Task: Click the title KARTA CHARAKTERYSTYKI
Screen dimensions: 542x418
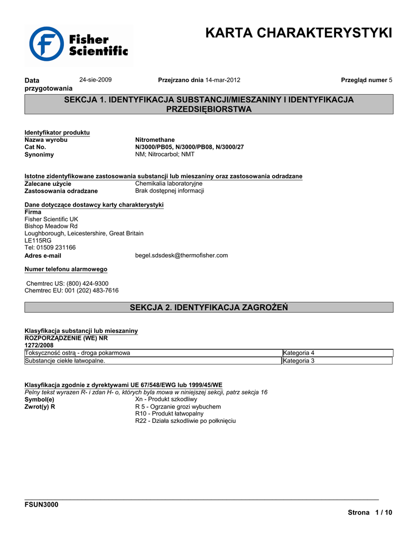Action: pos(299,33)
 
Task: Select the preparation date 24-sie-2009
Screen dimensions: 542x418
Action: pos(95,79)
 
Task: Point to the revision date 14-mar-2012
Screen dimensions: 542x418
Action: pos(223,80)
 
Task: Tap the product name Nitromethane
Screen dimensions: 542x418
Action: pos(155,140)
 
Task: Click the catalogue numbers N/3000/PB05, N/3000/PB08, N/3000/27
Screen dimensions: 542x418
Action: pos(189,147)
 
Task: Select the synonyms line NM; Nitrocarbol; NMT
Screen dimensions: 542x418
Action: pos(165,155)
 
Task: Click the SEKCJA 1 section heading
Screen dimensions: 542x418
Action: pos(209,104)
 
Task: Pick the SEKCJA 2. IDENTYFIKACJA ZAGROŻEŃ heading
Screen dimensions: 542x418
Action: pos(209,308)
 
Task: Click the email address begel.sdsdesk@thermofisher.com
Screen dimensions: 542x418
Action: pos(181,255)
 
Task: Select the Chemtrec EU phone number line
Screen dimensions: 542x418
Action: pos(71,291)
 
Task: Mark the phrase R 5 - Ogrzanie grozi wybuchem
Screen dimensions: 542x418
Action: pos(178,406)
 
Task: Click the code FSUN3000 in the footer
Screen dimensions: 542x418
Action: pos(42,504)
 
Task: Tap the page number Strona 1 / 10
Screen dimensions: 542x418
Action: pos(370,512)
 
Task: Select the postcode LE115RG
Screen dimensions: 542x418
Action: pos(38,240)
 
